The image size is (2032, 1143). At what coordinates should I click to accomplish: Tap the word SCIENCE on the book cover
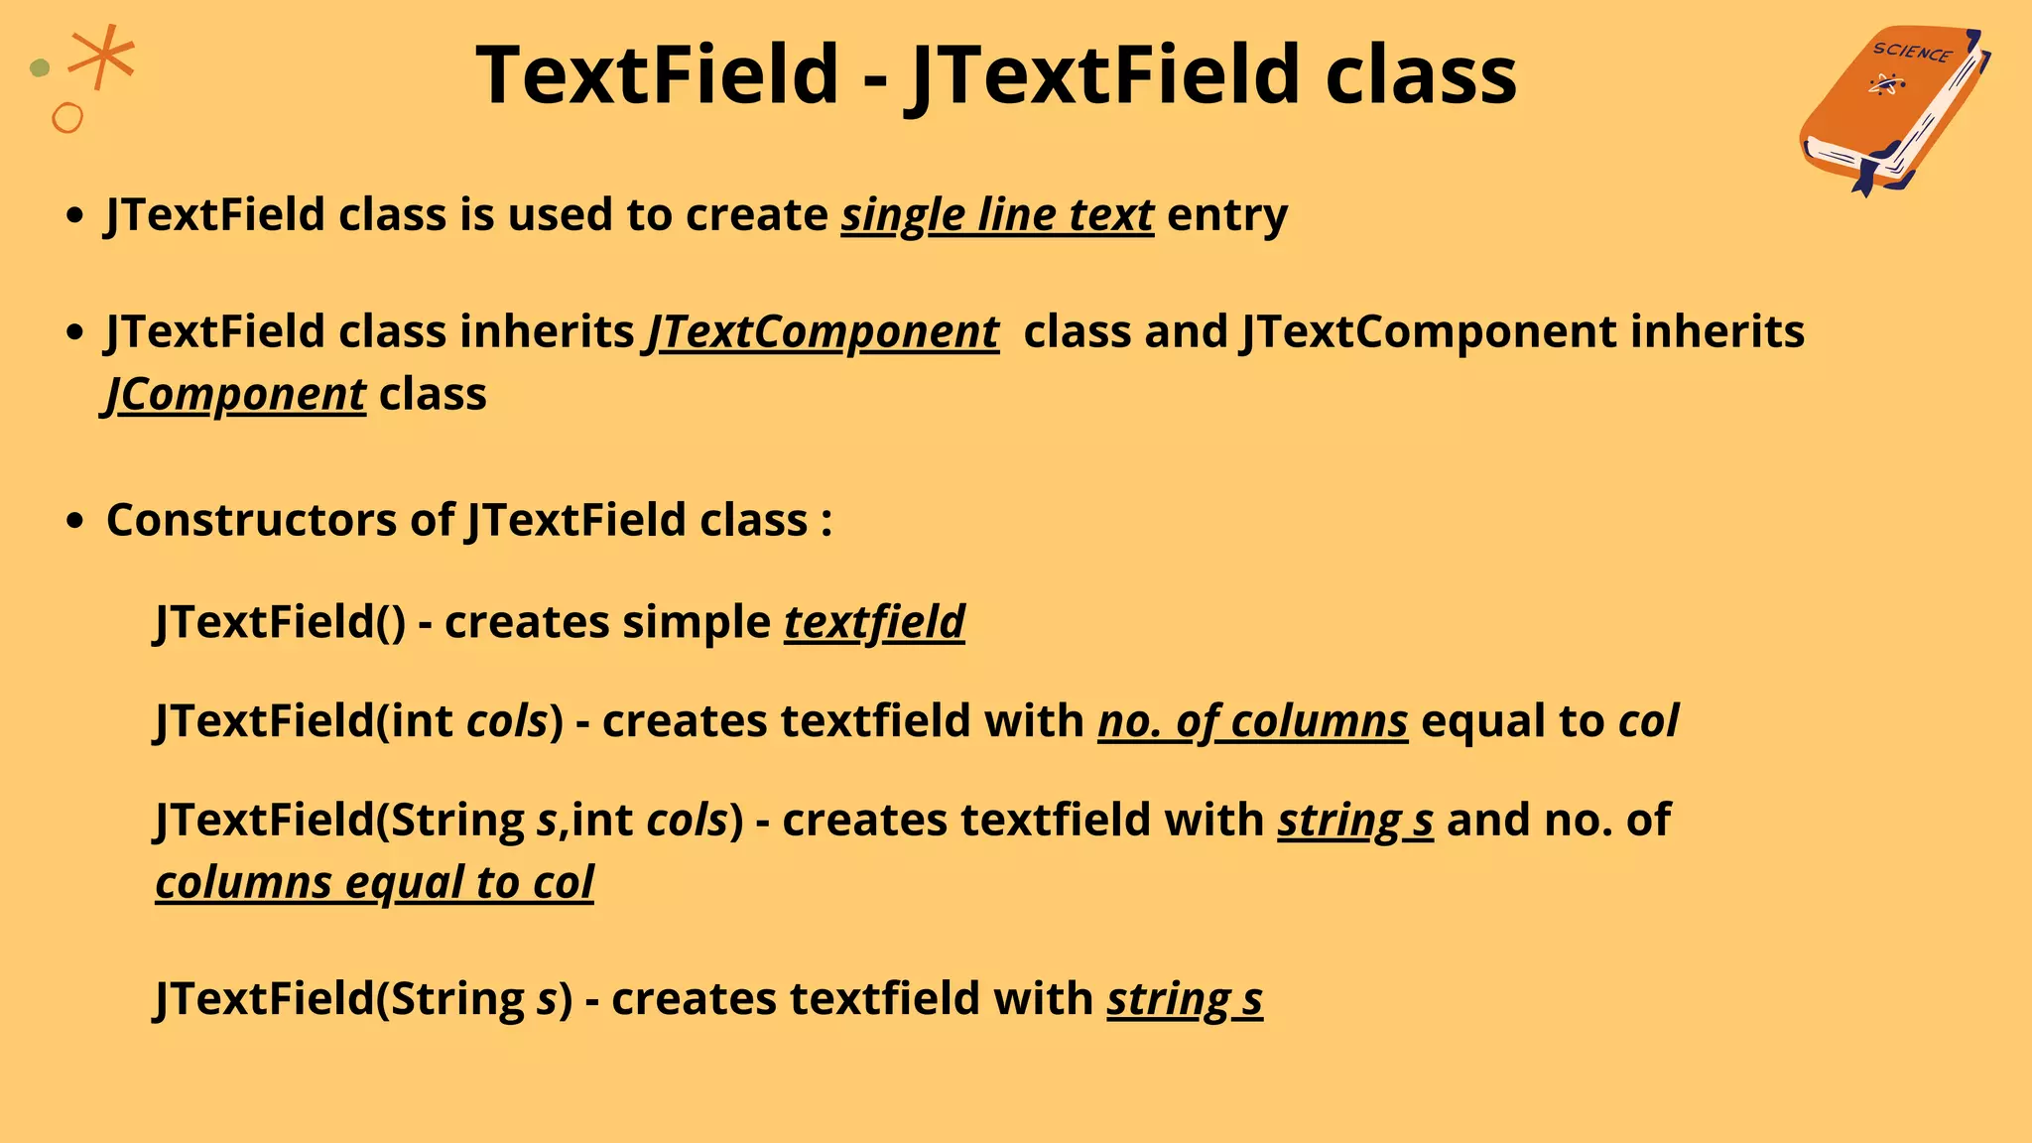click(1911, 53)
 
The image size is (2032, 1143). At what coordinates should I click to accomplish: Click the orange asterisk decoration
click(102, 57)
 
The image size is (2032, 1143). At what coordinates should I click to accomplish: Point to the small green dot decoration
click(40, 68)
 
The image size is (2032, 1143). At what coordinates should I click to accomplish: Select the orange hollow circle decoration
click(67, 118)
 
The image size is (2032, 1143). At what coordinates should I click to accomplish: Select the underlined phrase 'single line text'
click(997, 215)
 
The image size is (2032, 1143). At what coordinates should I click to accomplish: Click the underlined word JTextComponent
click(823, 332)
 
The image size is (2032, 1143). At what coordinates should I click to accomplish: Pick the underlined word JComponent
click(236, 395)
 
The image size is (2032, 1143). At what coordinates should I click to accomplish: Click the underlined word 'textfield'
click(874, 623)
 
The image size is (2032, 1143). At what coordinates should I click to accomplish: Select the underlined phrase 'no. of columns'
click(1252, 721)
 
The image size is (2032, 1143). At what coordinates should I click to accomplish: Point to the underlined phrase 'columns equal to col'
click(374, 883)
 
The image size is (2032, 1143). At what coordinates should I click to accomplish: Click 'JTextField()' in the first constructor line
click(281, 623)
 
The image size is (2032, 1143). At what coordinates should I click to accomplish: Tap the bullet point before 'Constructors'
click(74, 521)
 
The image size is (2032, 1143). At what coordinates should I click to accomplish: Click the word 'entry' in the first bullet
click(1227, 215)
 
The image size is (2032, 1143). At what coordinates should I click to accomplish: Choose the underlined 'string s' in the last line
click(1185, 999)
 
